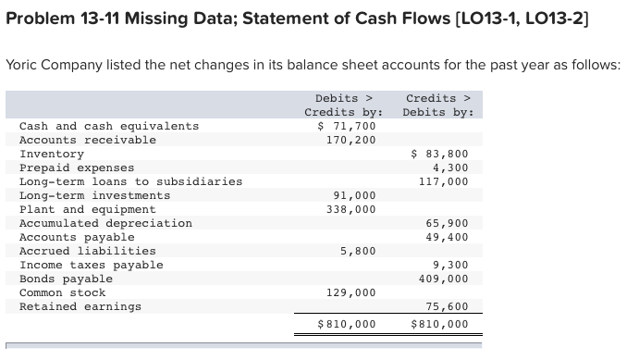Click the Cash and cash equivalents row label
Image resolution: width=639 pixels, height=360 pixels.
tap(109, 126)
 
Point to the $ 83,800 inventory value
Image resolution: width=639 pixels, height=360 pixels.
tap(440, 154)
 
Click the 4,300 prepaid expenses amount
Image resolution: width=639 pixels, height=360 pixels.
tap(450, 168)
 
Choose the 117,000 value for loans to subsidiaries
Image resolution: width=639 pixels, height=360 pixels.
tap(444, 181)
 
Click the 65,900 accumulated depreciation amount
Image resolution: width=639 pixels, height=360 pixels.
tap(447, 223)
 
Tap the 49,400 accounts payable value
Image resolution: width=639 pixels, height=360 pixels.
tap(447, 237)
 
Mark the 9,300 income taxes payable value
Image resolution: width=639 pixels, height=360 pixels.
tap(450, 265)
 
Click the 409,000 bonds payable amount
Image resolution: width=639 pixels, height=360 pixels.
tap(444, 279)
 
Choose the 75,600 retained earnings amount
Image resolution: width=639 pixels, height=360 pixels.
tap(447, 306)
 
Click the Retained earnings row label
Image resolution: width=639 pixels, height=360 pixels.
tap(80, 306)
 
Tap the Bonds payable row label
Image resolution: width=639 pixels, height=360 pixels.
tap(67, 279)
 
